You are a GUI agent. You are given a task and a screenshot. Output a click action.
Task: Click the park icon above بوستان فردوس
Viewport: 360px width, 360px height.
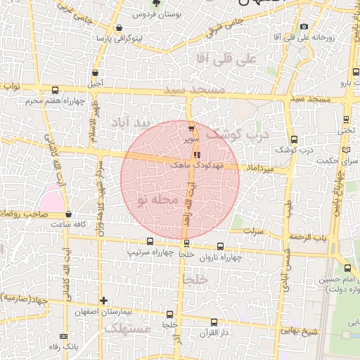pyautogui.click(x=167, y=4)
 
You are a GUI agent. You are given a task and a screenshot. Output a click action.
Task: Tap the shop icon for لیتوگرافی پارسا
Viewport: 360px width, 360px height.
pyautogui.click(x=117, y=27)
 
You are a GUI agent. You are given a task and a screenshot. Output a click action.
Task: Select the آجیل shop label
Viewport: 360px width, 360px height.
pyautogui.click(x=94, y=83)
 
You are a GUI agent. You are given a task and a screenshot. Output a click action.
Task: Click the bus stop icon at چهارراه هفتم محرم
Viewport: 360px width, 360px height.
pyautogui.click(x=56, y=91)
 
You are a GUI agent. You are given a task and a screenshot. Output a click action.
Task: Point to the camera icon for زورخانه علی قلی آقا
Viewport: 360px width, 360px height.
pyautogui.click(x=304, y=27)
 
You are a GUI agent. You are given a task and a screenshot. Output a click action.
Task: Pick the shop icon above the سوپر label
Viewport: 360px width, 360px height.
pyautogui.click(x=191, y=128)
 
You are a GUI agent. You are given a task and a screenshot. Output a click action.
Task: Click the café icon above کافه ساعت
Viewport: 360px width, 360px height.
pyautogui.click(x=68, y=214)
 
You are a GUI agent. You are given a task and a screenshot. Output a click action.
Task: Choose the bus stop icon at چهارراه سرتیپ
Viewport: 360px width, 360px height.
pyautogui.click(x=150, y=241)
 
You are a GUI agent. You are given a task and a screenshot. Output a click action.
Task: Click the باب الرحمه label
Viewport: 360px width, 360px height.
pyautogui.click(x=313, y=237)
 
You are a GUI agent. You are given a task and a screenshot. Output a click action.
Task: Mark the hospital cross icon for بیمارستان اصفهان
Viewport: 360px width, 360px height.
pyautogui.click(x=103, y=300)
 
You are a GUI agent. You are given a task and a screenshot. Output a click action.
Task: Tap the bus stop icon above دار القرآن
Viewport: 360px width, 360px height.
pyautogui.click(x=214, y=322)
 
